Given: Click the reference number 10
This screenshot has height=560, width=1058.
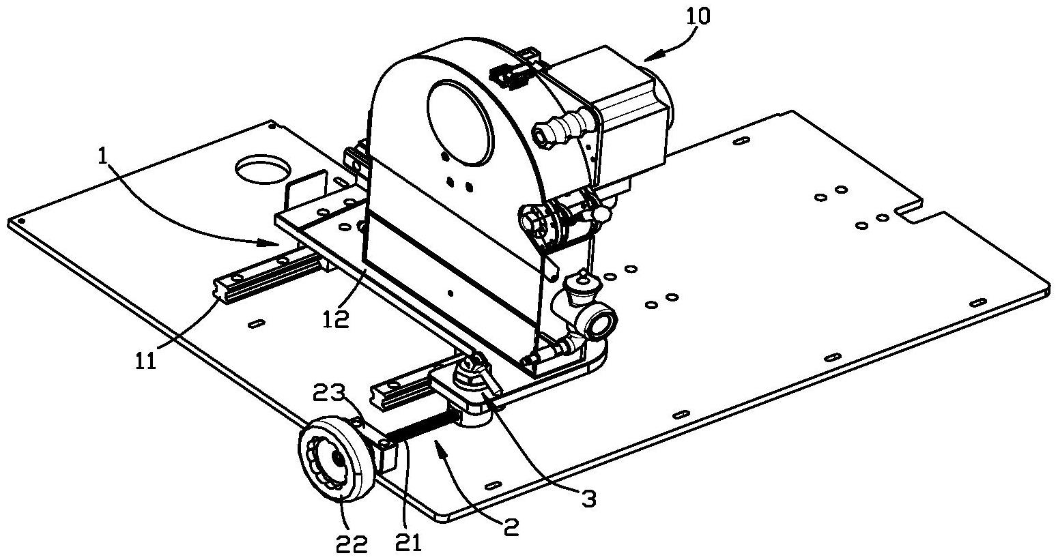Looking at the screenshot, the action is (x=698, y=17).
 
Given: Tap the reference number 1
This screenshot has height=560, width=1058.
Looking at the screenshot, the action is (x=102, y=156).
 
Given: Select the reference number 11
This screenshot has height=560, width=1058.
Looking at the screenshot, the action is (x=146, y=362).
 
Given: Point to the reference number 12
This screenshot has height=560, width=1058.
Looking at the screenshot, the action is (x=337, y=319).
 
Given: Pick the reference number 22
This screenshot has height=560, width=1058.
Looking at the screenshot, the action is (x=352, y=546).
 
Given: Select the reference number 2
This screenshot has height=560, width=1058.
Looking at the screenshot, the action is (x=511, y=527).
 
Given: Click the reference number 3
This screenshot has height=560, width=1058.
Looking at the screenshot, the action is (x=588, y=499).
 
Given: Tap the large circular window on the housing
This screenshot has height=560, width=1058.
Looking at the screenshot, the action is (x=459, y=123).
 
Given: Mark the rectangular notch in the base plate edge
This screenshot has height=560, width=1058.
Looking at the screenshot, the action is (x=911, y=211).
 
